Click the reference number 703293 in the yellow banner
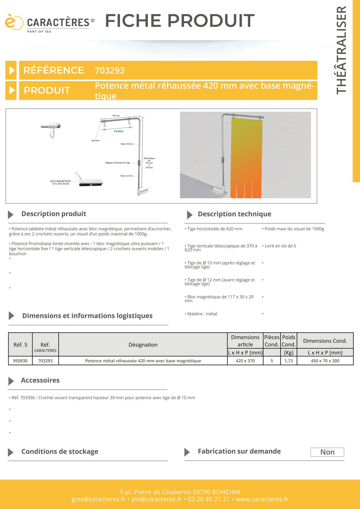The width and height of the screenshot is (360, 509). (x=110, y=71)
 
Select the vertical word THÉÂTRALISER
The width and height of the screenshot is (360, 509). (x=341, y=50)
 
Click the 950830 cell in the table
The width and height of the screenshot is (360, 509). (x=20, y=361)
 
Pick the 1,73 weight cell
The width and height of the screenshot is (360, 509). (x=289, y=361)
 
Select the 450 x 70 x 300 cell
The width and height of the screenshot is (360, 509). (x=325, y=361)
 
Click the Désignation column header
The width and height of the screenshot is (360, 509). (x=143, y=345)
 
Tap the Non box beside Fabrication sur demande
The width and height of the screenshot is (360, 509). (x=327, y=452)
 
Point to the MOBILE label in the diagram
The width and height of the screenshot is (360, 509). (x=119, y=131)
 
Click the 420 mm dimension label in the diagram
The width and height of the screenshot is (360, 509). (x=116, y=115)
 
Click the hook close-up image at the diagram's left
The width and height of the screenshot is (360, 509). (x=51, y=129)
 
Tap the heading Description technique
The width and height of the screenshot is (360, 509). (x=234, y=214)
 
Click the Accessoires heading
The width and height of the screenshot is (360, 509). (x=40, y=380)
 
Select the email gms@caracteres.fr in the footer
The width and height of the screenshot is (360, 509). (x=98, y=499)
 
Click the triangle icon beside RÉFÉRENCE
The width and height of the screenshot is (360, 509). (x=11, y=70)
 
